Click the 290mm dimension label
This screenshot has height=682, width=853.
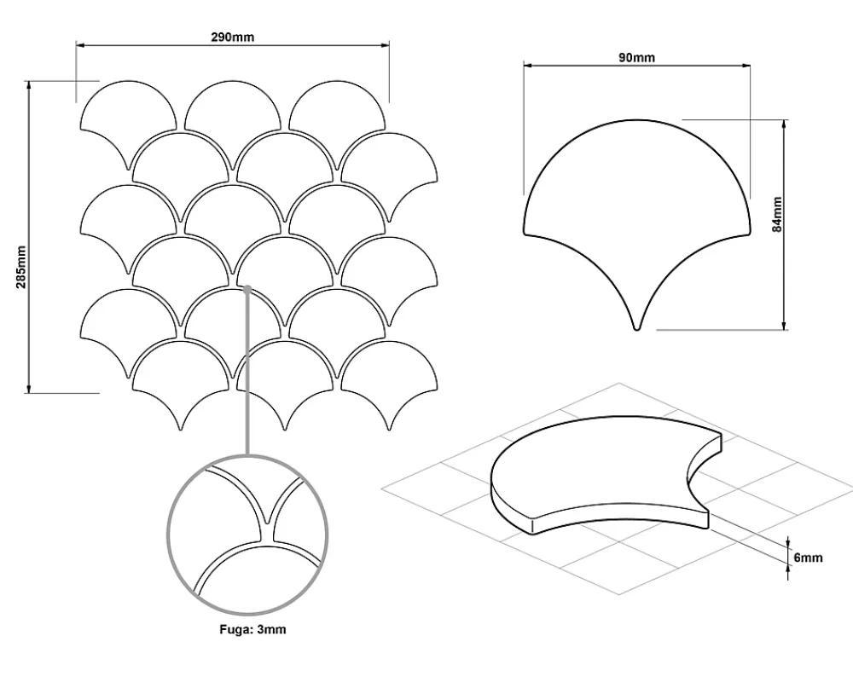pos(232,37)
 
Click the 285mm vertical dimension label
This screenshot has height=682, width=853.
pos(20,268)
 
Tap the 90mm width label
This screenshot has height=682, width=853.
pos(636,57)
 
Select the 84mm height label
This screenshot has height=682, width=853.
pos(777,214)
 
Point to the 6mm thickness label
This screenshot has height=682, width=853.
pos(808,558)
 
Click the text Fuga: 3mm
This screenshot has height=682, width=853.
pos(252,629)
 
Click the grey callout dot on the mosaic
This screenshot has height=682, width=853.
pos(247,289)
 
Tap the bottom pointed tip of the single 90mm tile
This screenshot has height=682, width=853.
pos(637,330)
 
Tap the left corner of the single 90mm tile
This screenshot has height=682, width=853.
pos(525,234)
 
